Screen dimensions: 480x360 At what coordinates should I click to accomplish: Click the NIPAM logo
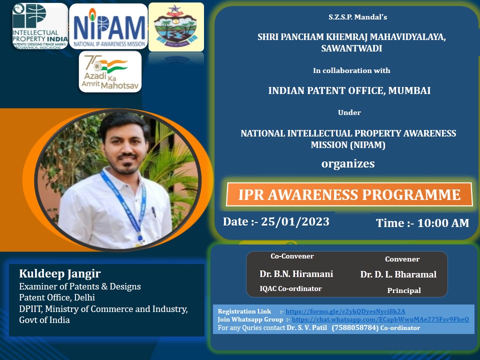click(x=108, y=26)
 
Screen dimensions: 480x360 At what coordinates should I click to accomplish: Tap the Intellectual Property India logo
click(x=40, y=26)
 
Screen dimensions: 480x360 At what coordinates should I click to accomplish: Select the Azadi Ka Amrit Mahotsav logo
click(x=110, y=71)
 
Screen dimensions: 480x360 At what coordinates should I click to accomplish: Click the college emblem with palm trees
click(x=176, y=27)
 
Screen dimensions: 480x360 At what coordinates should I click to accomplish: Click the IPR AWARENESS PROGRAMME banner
click(x=349, y=194)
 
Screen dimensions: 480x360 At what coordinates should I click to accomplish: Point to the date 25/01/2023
click(x=295, y=221)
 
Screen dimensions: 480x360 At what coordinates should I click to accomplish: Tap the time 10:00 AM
click(x=443, y=223)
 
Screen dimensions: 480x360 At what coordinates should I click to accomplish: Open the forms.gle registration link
click(x=345, y=311)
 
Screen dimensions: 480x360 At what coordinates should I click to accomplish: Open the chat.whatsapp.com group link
click(x=380, y=319)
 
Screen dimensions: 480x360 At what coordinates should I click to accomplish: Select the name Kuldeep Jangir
click(x=60, y=273)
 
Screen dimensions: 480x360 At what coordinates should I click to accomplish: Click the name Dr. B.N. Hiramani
click(x=296, y=273)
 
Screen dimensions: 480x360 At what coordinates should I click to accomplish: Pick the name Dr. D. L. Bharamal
click(x=398, y=274)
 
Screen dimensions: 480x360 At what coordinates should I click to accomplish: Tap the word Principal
click(x=404, y=290)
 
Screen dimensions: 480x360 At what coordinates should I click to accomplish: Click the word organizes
click(x=348, y=164)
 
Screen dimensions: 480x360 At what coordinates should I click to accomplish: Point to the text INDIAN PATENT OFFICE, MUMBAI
click(x=349, y=90)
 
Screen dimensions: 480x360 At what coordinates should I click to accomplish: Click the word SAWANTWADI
click(x=351, y=48)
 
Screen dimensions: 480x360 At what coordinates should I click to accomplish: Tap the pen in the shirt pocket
click(x=154, y=212)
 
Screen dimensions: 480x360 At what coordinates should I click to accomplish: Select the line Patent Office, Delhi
click(x=57, y=297)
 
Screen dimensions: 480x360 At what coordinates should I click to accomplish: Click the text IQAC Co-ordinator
click(x=290, y=288)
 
